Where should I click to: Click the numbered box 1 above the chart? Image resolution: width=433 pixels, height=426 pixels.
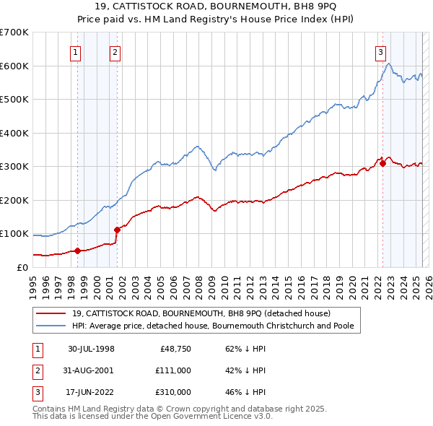click(x=76, y=51)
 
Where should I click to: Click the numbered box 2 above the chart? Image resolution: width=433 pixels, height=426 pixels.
click(x=115, y=51)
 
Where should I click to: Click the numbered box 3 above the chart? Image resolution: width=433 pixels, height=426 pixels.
click(x=380, y=51)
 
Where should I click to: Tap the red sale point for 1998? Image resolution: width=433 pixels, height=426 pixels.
click(x=77, y=251)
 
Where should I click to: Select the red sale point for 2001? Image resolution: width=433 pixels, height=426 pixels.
click(x=116, y=230)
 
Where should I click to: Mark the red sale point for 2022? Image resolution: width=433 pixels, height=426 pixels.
click(x=382, y=164)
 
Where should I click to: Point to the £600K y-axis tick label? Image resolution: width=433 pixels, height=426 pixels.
click(x=14, y=66)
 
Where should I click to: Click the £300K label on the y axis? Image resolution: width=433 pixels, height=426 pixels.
click(x=14, y=166)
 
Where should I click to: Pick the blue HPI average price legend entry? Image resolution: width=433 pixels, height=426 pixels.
click(x=216, y=326)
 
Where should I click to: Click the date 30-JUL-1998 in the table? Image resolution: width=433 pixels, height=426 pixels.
click(x=91, y=349)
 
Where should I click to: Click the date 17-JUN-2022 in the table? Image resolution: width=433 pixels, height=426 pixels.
click(x=91, y=392)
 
